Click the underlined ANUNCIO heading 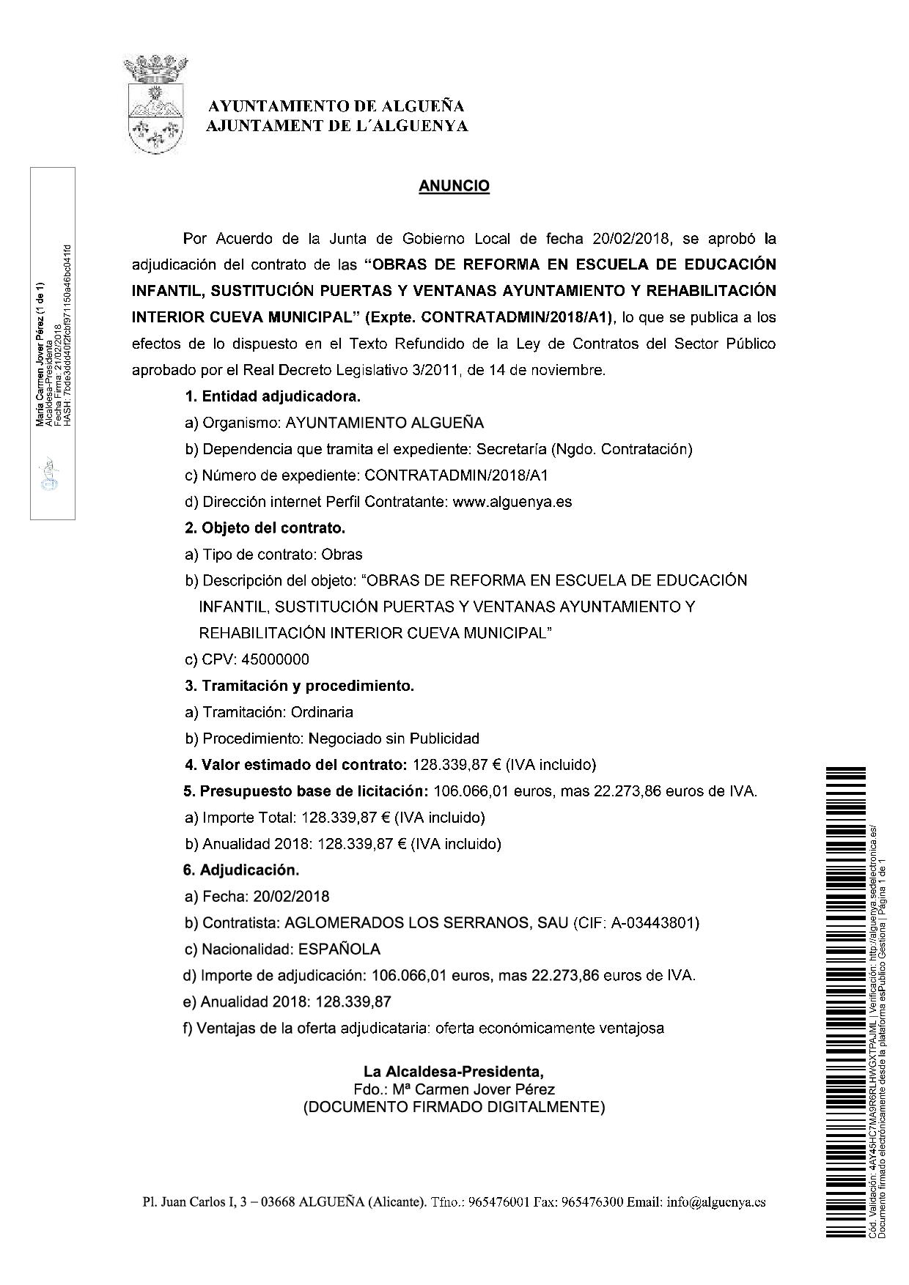pyautogui.click(x=454, y=186)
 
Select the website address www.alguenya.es pyautogui.click(x=512, y=502)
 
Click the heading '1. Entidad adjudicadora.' pyautogui.click(x=272, y=397)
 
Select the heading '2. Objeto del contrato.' pyautogui.click(x=265, y=528)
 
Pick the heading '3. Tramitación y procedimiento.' pyautogui.click(x=299, y=686)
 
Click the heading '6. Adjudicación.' pyautogui.click(x=242, y=870)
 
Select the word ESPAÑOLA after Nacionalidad pyautogui.click(x=339, y=949)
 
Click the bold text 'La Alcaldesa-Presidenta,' pyautogui.click(x=454, y=1072)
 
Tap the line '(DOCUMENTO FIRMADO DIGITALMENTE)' pyautogui.click(x=454, y=1107)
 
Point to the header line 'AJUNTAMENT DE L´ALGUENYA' pyautogui.click(x=336, y=127)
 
